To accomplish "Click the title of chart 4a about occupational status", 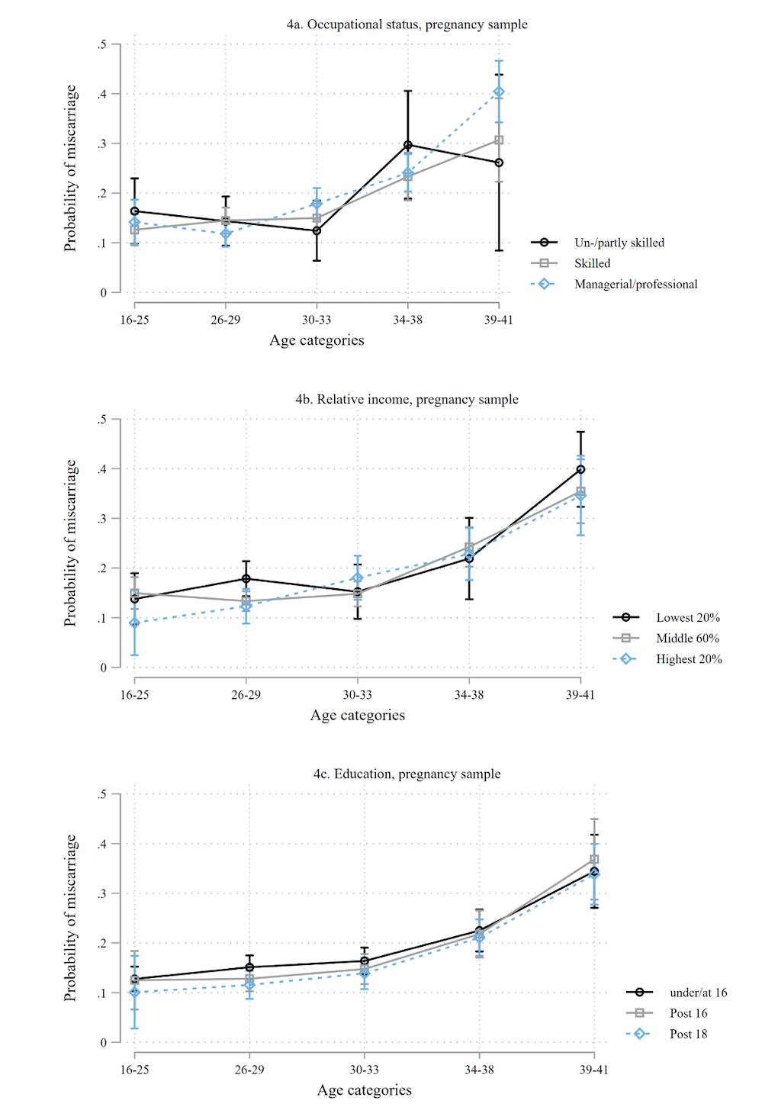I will (407, 24).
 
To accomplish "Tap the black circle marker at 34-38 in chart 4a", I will (408, 145).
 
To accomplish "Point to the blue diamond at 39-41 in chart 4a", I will (499, 92).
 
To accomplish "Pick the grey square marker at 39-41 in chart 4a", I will (499, 140).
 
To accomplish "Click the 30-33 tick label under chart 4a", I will (317, 320).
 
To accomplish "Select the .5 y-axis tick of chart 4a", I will (102, 44).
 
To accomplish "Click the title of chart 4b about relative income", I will (407, 399).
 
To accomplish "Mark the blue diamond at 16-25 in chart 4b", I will (135, 623).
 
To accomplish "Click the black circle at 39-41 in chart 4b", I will (580, 469).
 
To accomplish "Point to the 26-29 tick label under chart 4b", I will (246, 694).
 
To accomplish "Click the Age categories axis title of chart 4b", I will (357, 715).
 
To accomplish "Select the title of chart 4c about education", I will (407, 774).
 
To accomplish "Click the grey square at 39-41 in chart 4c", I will (594, 860).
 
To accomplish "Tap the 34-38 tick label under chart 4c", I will (479, 1070).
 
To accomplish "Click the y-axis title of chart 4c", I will (70, 918).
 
